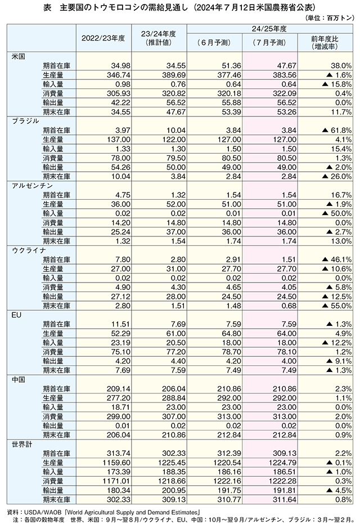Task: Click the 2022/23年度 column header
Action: tap(103, 38)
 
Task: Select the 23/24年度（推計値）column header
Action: tap(158, 38)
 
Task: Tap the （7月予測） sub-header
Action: tap(269, 42)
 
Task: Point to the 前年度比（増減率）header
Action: tap(324, 43)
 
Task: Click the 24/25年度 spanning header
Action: tap(269, 29)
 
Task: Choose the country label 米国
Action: tap(19, 56)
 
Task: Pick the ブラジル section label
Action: tap(25, 121)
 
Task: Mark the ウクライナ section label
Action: tap(29, 250)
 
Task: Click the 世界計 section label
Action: tap(22, 444)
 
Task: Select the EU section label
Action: tap(16, 315)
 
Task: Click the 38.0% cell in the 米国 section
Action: tap(341, 66)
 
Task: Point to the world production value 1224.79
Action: tap(282, 463)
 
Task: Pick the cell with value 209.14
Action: tap(119, 389)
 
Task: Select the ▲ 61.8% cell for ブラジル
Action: tap(336, 131)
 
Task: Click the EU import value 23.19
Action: tap(120, 343)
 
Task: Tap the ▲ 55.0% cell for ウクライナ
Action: tap(336, 306)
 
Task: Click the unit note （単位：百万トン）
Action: tap(329, 17)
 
